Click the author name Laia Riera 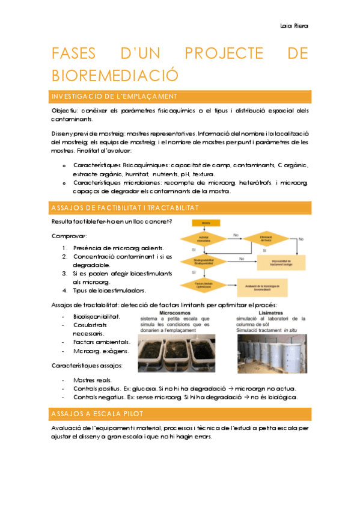pyautogui.click(x=294, y=26)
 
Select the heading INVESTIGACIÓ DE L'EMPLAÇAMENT pyautogui.click(x=114, y=97)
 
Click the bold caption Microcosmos pyautogui.click(x=174, y=312)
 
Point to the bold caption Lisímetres pyautogui.click(x=272, y=312)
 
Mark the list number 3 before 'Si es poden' pyautogui.click(x=64, y=273)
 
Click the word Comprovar pyautogui.click(x=69, y=236)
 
